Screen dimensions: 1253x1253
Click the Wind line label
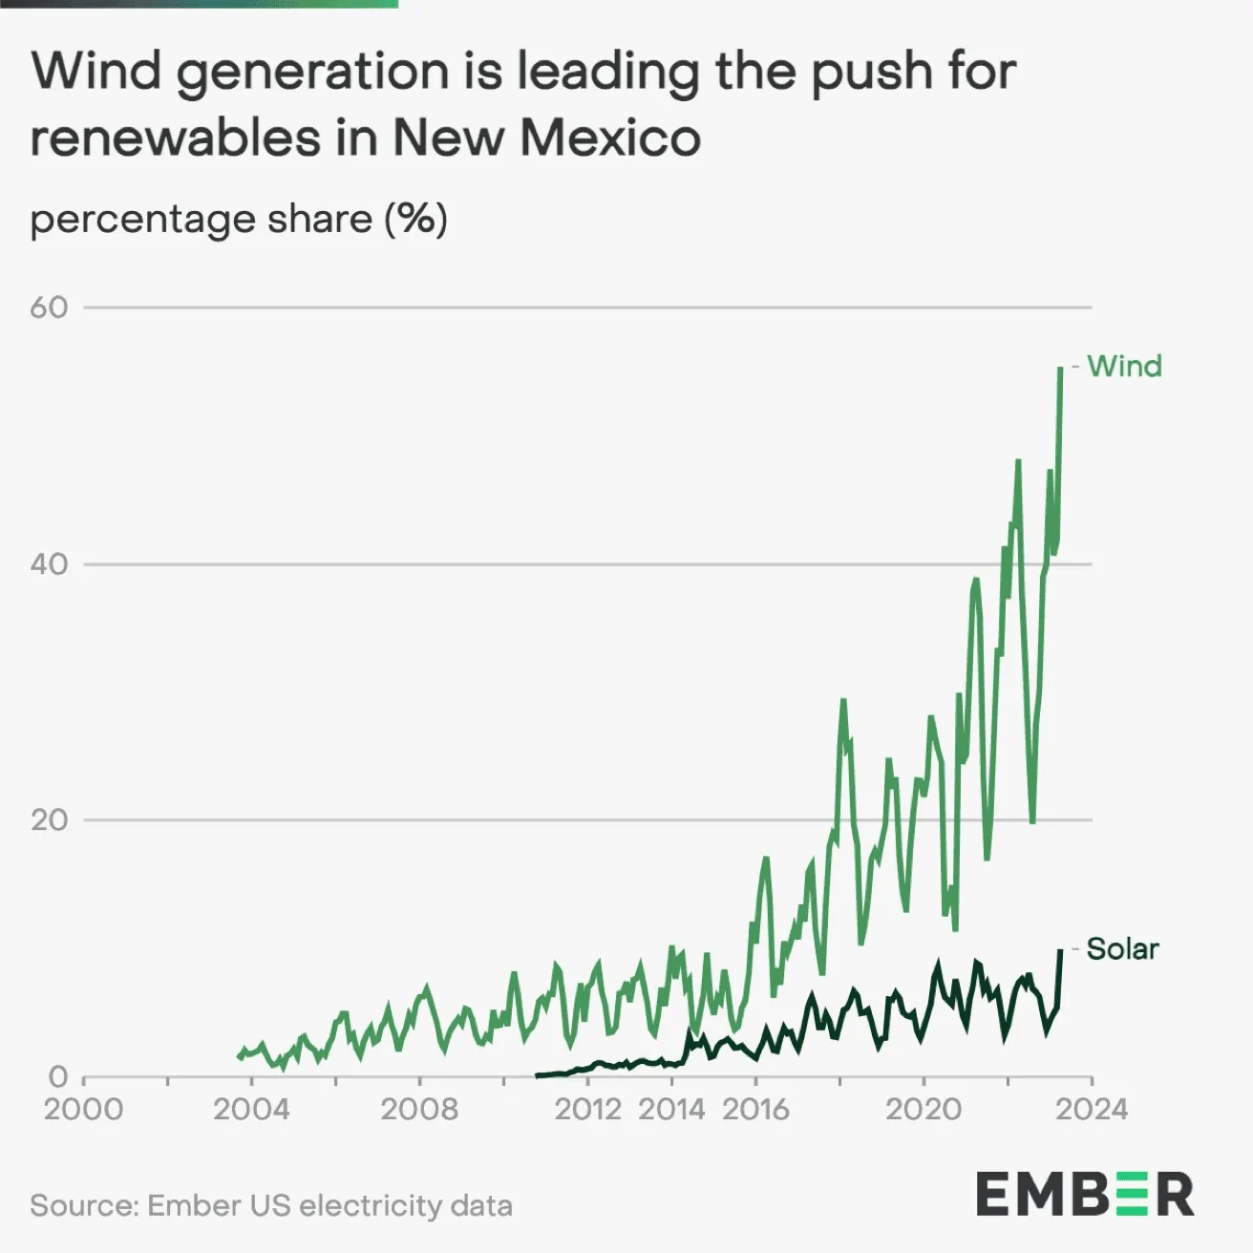tap(1124, 366)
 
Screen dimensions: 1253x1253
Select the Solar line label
tap(1122, 948)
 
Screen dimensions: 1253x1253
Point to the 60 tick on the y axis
tap(49, 307)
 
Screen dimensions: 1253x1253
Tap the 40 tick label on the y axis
tap(49, 563)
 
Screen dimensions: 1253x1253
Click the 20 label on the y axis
tap(49, 819)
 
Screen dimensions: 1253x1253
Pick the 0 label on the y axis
tap(58, 1076)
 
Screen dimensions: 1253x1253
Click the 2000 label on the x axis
tap(84, 1109)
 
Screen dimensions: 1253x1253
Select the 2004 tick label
tap(251, 1109)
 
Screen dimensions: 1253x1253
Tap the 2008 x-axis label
tap(419, 1109)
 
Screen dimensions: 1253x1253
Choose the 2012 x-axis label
tap(587, 1109)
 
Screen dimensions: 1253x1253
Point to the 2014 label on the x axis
tap(671, 1109)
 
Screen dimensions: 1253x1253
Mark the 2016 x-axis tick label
tap(755, 1109)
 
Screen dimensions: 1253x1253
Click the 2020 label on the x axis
tap(924, 1109)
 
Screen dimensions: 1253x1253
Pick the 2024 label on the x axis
tap(1092, 1109)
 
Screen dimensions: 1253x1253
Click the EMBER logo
tap(1084, 1195)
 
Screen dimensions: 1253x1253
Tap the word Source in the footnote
tap(83, 1205)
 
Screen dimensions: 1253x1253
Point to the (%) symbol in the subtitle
tap(415, 219)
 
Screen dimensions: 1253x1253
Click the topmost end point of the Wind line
tap(1060, 368)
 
